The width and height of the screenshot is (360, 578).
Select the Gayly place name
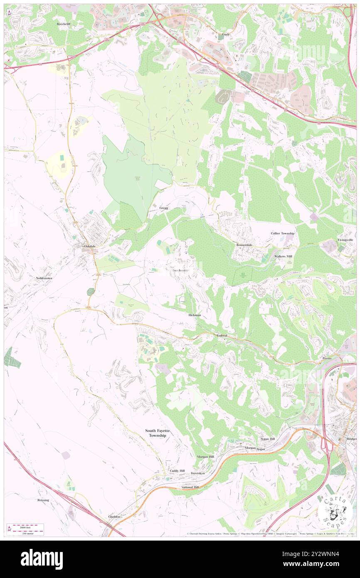pyautogui.click(x=226, y=35)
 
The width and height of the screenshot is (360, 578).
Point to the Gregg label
pyautogui.click(x=164, y=207)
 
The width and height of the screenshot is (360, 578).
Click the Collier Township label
pyautogui.click(x=282, y=233)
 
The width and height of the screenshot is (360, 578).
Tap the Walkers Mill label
pyautogui.click(x=283, y=256)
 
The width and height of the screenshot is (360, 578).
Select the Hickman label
pyautogui.click(x=195, y=315)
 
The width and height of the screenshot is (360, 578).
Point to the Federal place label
pyautogui.click(x=222, y=335)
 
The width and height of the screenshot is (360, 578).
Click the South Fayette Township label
pyautogui.click(x=155, y=433)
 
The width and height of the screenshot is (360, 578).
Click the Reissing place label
pyautogui.click(x=43, y=500)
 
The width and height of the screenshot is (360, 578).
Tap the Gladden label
pyautogui.click(x=114, y=516)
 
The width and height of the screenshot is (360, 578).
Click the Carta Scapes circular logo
pyautogui.click(x=335, y=511)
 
